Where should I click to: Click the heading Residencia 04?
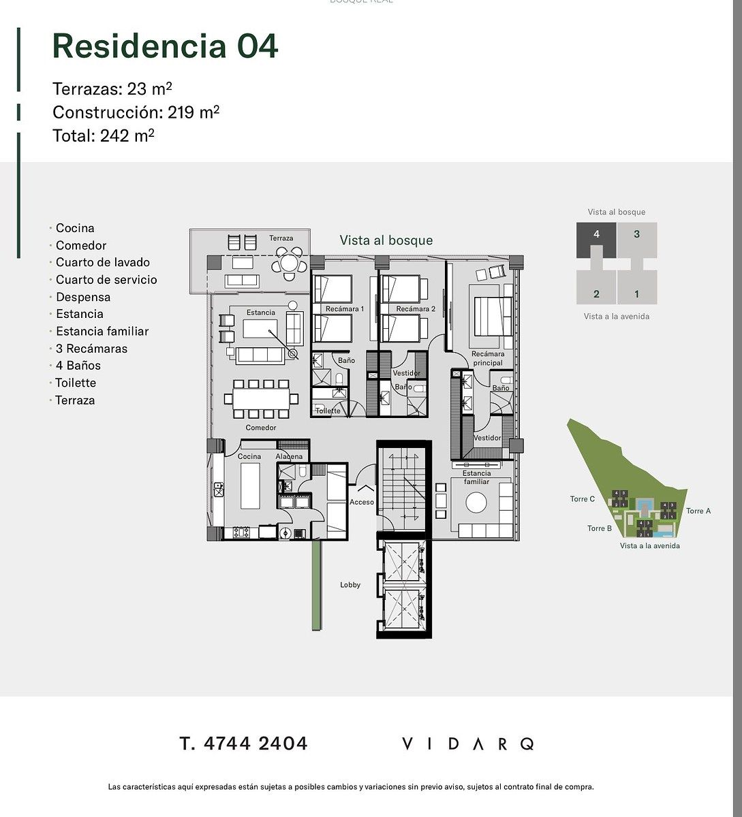165,46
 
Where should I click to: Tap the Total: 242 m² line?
103,135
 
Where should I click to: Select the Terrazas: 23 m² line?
112,89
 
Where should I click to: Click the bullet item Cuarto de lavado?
103,262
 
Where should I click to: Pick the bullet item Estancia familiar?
102,331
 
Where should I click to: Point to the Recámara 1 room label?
345,308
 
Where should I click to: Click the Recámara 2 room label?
416,308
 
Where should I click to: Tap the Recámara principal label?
488,358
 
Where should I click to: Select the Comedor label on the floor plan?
260,428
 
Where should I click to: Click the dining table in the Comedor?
261,399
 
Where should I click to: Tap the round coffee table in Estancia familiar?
476,502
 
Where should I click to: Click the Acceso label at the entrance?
362,502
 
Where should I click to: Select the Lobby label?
350,585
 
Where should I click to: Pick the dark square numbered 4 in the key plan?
596,240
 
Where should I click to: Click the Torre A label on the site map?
698,511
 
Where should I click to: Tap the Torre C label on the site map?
582,499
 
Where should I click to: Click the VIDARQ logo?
467,743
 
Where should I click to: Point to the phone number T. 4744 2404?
243,743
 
